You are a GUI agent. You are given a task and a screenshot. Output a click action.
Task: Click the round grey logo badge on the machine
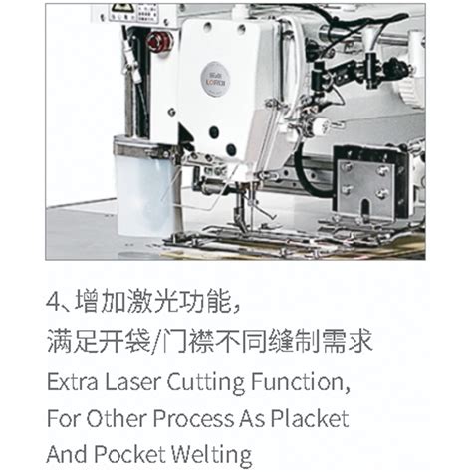(x=215, y=80)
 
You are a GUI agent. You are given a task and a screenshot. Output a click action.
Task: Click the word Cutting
(x=205, y=383)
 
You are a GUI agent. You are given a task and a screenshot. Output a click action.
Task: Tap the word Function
(x=300, y=382)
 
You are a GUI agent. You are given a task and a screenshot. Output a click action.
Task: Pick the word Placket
(x=310, y=418)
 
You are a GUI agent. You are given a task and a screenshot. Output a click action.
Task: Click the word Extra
(x=73, y=382)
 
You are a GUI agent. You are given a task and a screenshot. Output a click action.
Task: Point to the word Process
(x=193, y=418)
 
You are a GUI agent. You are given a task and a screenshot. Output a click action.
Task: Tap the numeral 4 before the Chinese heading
(x=54, y=301)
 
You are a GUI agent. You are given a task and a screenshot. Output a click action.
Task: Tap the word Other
(x=116, y=418)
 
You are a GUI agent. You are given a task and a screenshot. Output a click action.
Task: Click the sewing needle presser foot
(x=241, y=217)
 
